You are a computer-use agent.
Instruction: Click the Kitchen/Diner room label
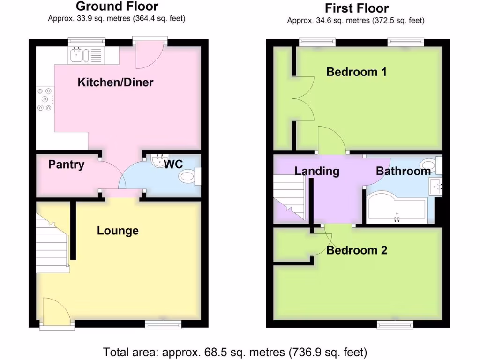click(115, 82)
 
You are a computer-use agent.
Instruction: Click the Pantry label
click(67, 165)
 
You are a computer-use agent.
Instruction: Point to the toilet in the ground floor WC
click(188, 177)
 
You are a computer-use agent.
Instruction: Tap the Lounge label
click(118, 231)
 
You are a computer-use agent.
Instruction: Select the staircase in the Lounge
click(52, 244)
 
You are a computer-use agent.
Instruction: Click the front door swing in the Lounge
click(55, 311)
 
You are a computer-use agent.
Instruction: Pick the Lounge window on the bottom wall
click(163, 323)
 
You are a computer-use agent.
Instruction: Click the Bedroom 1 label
click(356, 72)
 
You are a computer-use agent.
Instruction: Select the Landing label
click(317, 171)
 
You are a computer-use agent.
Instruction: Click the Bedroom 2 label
click(357, 250)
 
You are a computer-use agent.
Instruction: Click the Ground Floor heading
click(117, 7)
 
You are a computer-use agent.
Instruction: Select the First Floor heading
click(356, 8)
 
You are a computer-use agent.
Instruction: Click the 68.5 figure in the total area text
click(192, 351)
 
